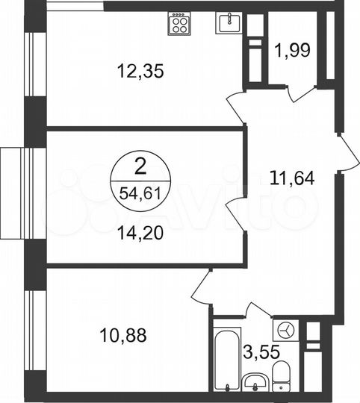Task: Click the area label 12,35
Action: point(140,72)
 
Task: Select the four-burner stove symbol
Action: point(181,25)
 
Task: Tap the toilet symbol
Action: point(281,377)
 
